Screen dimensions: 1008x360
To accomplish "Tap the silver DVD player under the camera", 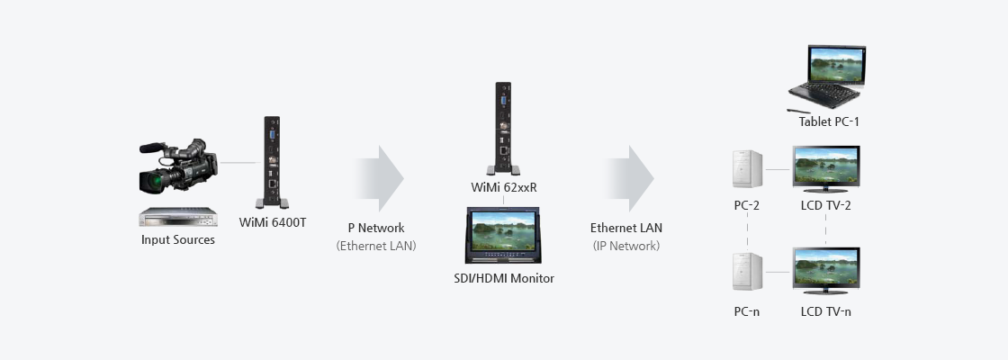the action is click(x=178, y=217).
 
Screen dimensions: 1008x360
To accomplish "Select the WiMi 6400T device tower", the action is click(x=272, y=162).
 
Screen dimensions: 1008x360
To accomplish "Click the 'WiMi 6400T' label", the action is click(x=273, y=222).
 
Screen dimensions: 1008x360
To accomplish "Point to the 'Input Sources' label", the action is click(x=178, y=239).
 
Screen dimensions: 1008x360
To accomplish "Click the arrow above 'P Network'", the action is click(x=378, y=178).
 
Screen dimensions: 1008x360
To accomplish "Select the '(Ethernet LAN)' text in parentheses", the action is click(x=376, y=246).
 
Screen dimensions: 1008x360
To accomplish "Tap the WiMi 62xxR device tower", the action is click(x=503, y=128).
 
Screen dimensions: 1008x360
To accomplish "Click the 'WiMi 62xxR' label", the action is click(x=504, y=188).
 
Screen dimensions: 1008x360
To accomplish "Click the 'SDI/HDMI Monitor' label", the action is click(x=504, y=278).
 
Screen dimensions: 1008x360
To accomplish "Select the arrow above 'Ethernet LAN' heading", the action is click(x=628, y=178).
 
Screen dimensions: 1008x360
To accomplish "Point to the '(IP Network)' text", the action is click(x=626, y=246).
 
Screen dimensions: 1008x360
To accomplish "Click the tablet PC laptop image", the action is click(x=827, y=77).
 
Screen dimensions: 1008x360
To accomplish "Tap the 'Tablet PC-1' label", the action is click(x=829, y=121).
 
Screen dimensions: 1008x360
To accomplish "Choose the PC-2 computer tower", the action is click(x=747, y=170).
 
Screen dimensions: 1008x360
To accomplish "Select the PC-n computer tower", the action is click(x=747, y=272).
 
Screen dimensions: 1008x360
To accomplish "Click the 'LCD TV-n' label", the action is click(x=826, y=311).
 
